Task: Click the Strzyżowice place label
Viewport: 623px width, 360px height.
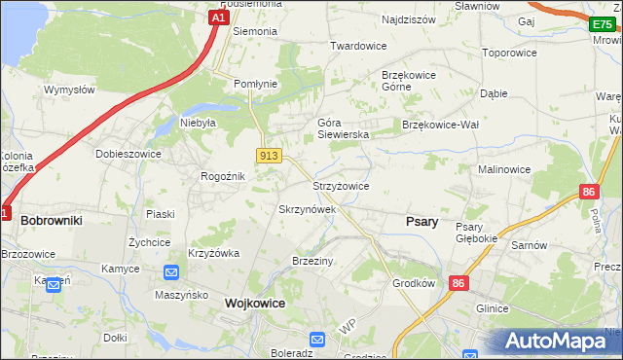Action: pos(340,186)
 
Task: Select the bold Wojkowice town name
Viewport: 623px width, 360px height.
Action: pos(254,303)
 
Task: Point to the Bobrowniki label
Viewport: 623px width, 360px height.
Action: pos(51,221)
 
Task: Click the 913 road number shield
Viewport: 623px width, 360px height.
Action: pos(269,156)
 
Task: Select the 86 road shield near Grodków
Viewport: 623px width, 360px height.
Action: pos(458,282)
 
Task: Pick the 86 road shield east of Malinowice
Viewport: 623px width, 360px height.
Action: pos(587,193)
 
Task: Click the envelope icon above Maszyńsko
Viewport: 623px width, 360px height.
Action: pos(171,273)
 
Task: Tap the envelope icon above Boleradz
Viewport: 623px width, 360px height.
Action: pos(317,340)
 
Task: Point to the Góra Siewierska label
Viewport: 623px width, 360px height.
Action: pos(343,128)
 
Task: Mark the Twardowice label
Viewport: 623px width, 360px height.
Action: pos(358,46)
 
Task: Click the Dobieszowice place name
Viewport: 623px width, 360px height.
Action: pos(128,154)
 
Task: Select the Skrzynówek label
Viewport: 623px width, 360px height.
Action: pos(307,209)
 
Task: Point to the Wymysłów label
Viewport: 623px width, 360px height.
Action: pos(68,90)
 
